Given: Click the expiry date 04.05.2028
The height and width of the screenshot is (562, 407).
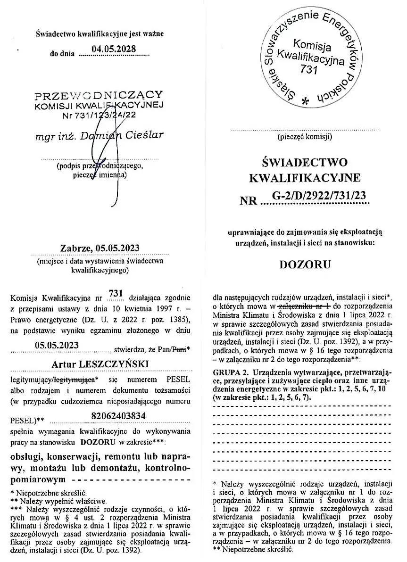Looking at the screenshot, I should (x=114, y=49).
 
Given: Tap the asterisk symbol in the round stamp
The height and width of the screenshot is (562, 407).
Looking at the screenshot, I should (x=305, y=101).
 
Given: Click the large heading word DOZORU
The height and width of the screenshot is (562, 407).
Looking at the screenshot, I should (x=305, y=264).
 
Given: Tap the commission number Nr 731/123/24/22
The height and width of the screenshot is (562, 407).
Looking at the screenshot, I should (x=99, y=115).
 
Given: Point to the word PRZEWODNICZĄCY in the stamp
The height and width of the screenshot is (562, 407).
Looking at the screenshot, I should (x=99, y=96).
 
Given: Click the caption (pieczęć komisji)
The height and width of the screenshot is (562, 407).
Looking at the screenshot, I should (x=305, y=138).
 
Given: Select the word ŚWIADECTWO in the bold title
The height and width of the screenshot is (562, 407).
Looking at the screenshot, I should (x=305, y=163).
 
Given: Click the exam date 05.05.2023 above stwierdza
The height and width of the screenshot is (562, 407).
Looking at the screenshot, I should (x=57, y=345).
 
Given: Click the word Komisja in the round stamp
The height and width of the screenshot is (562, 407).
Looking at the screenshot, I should (x=312, y=46).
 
